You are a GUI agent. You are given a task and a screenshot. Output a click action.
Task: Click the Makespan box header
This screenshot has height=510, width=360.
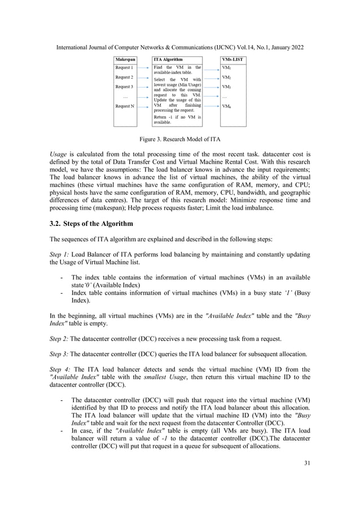coord(125,59)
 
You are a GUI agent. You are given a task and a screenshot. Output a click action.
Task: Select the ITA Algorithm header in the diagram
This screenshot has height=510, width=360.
coord(168,59)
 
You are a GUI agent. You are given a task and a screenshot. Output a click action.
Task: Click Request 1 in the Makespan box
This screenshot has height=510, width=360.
coord(124,67)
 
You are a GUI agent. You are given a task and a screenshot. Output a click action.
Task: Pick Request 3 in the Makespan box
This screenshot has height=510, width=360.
coord(124,86)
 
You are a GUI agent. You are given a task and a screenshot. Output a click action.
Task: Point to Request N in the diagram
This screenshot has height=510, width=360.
coord(124,106)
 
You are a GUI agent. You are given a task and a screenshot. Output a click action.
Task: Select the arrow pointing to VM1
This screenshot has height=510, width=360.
coord(212,68)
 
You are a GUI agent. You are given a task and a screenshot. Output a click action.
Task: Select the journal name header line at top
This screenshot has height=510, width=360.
coord(179,46)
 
